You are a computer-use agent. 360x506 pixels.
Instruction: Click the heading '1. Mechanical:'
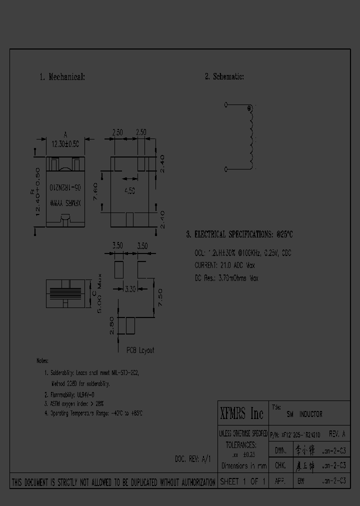click(x=62, y=77)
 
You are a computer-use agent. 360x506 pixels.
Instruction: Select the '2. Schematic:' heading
click(x=224, y=76)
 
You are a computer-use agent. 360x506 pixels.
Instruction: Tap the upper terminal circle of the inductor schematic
click(x=226, y=105)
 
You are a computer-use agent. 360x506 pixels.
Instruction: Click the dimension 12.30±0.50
click(x=65, y=143)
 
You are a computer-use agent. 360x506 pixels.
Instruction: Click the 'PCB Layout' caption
click(x=140, y=350)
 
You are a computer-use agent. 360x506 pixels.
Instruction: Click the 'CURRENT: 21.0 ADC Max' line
click(x=226, y=265)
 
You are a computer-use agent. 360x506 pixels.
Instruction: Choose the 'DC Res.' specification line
click(x=226, y=278)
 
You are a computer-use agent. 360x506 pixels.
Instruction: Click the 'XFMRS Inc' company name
click(x=242, y=414)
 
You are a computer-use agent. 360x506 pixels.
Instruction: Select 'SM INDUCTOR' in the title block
click(x=304, y=414)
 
